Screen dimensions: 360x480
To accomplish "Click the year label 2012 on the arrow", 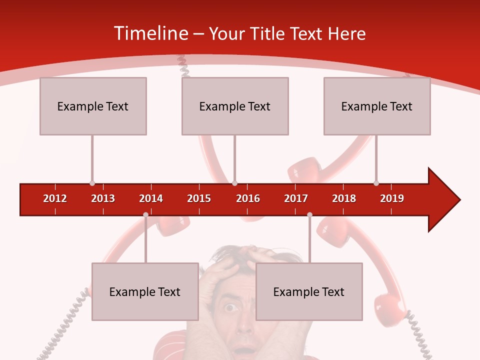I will [55, 198].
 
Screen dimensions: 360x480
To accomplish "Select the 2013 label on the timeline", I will [103, 198].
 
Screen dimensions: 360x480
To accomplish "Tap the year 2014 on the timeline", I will [151, 198].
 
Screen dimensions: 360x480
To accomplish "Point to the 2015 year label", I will [199, 198].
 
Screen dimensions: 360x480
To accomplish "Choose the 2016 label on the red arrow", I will [248, 198].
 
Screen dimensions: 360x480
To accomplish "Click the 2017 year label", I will [296, 198].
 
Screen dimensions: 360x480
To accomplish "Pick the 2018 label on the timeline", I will [344, 198].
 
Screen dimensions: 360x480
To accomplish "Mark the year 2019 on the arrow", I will [392, 198].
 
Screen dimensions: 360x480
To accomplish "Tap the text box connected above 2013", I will [93, 106].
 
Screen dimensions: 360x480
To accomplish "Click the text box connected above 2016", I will [235, 106].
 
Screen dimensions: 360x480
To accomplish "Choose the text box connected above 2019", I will [377, 106].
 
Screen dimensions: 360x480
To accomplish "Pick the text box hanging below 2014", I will [145, 291].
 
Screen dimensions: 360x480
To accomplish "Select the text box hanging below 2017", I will [309, 291].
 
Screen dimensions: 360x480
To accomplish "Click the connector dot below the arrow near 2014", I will [145, 214].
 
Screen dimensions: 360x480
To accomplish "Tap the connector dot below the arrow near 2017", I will [309, 214].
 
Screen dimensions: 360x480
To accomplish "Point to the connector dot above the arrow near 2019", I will [376, 183].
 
